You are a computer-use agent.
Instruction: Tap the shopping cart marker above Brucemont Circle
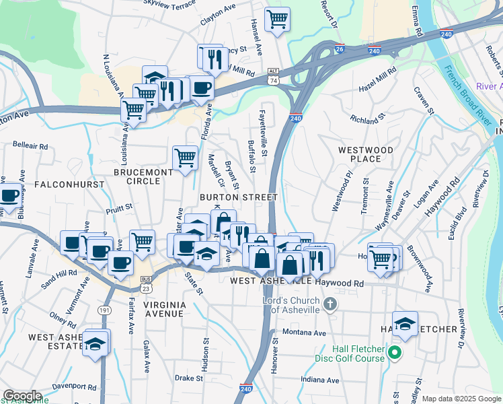(x=186, y=158)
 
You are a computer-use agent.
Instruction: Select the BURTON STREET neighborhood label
(x=238, y=197)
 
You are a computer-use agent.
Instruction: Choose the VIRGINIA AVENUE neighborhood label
(x=165, y=309)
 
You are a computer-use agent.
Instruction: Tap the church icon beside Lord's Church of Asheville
(x=330, y=305)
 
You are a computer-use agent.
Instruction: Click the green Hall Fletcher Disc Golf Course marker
(x=396, y=352)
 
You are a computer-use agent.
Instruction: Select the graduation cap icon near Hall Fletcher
(x=405, y=324)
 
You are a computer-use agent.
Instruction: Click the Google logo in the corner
(x=22, y=396)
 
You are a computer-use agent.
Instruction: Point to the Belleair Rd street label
(x=30, y=145)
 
